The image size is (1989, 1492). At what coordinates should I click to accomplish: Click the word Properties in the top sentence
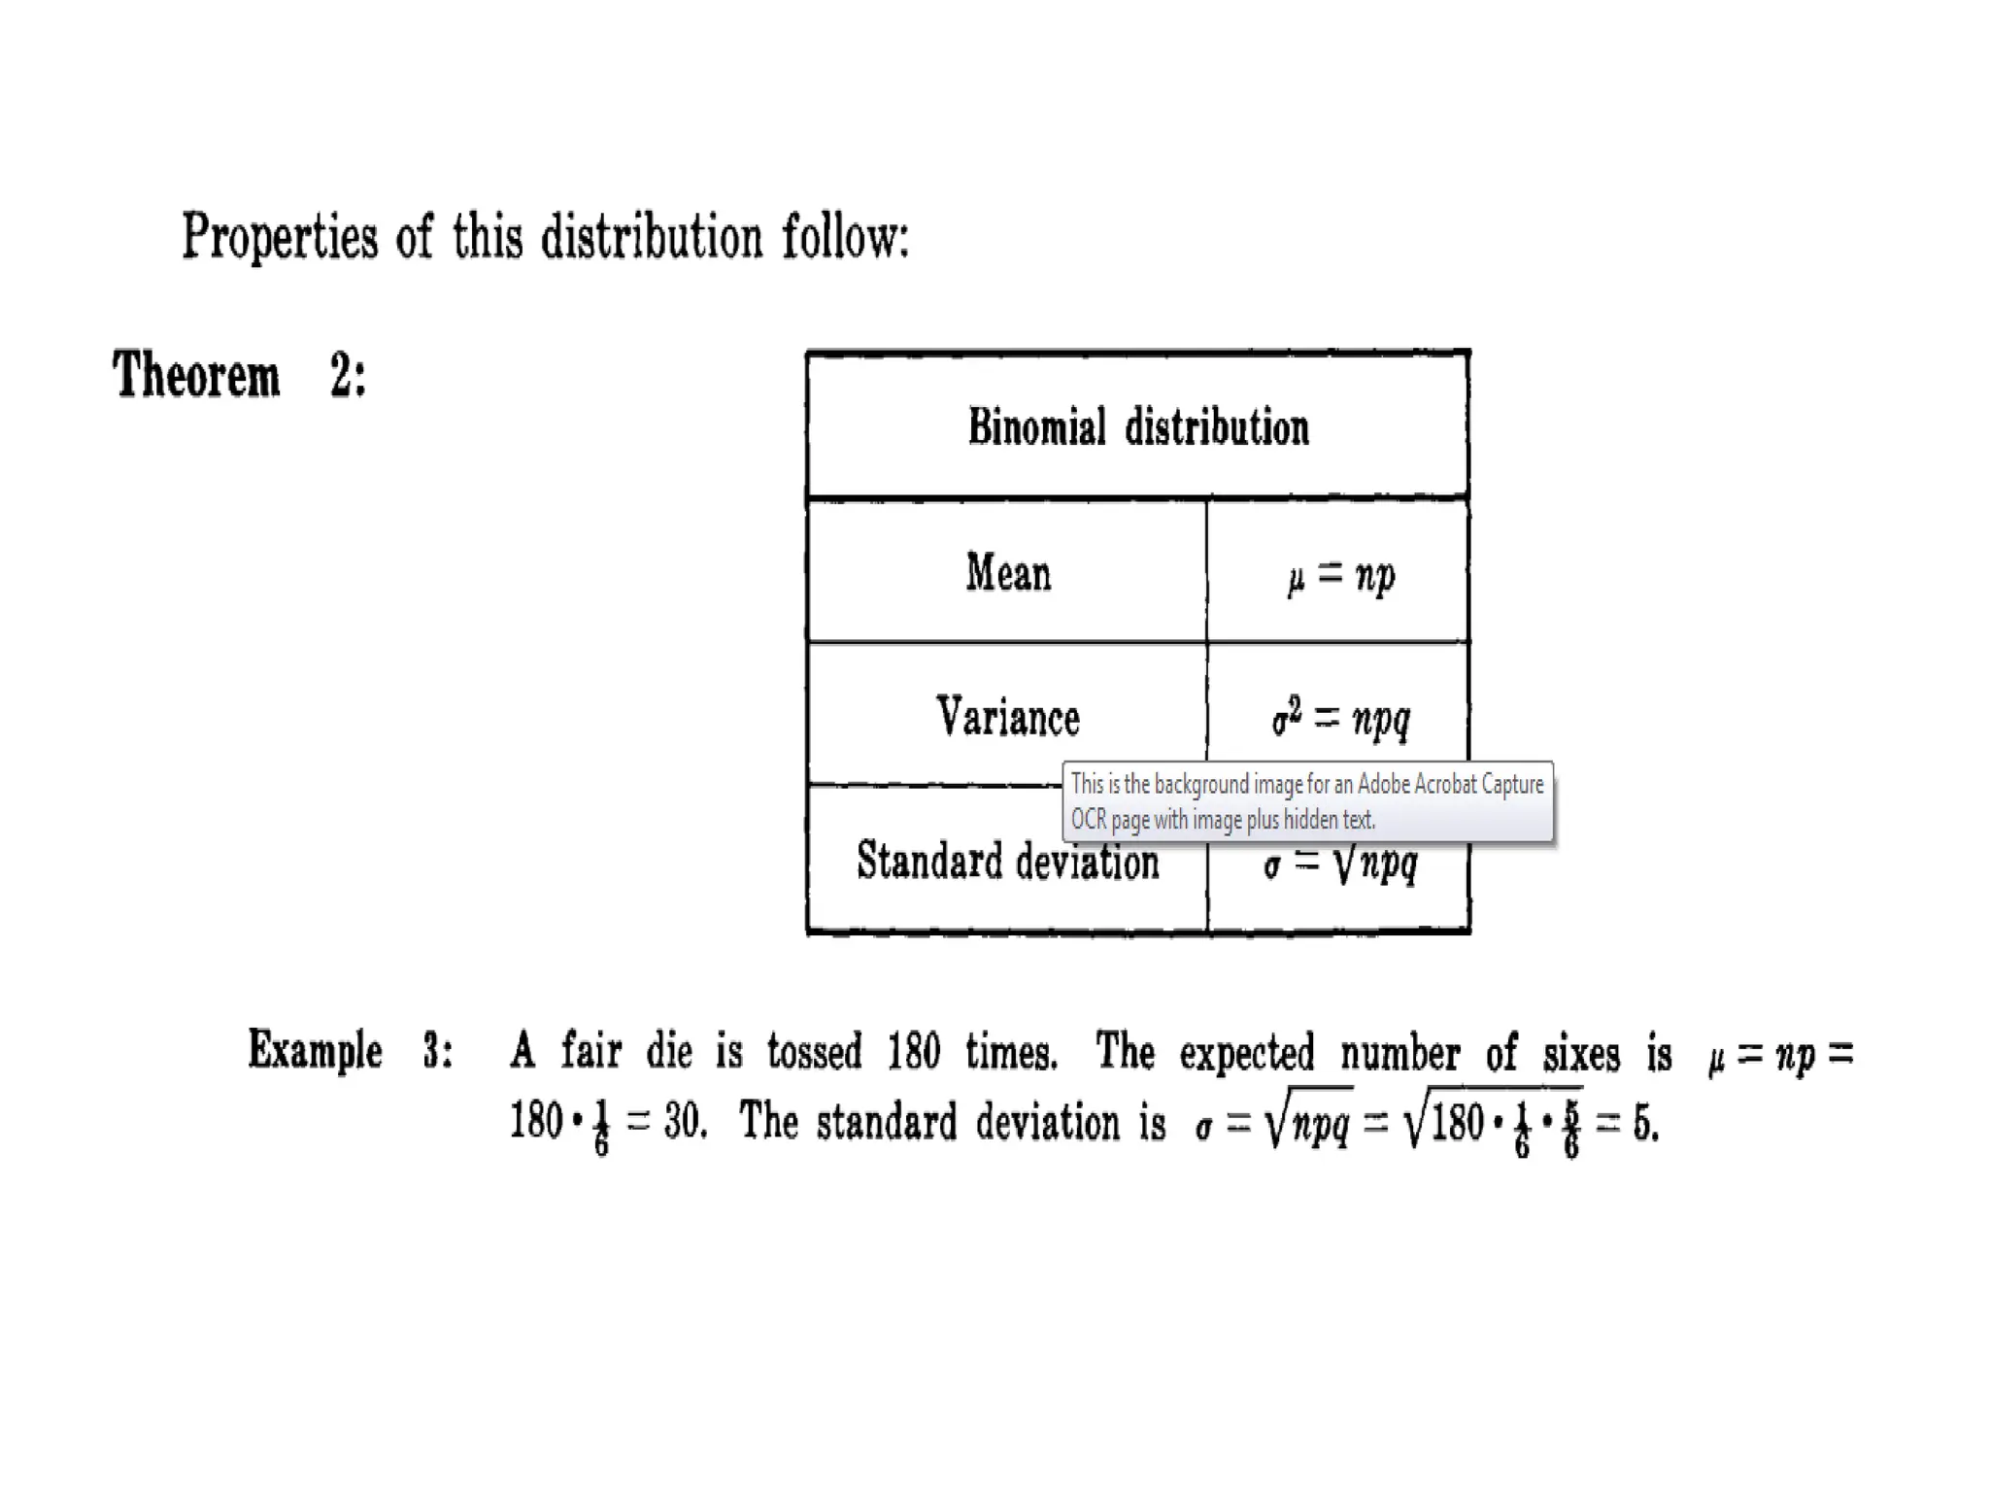click(279, 236)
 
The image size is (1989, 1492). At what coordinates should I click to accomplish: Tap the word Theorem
click(196, 375)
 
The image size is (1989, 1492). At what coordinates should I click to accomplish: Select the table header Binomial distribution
click(1137, 427)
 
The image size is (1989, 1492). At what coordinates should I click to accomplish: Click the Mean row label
click(1007, 572)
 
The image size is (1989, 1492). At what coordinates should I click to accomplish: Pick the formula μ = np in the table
click(1340, 576)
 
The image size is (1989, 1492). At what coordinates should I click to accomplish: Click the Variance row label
click(1007, 717)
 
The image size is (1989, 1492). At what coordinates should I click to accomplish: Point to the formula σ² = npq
click(1340, 719)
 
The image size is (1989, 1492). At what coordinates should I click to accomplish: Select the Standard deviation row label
click(1007, 862)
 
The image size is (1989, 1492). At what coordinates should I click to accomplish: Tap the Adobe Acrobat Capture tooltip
click(1307, 801)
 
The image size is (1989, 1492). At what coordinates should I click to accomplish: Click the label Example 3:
click(350, 1051)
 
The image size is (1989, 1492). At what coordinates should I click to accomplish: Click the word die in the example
click(669, 1051)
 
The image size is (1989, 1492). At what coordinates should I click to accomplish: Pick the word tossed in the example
click(814, 1051)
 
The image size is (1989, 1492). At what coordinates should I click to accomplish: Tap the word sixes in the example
click(1581, 1053)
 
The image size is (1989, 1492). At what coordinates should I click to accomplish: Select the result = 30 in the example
click(666, 1123)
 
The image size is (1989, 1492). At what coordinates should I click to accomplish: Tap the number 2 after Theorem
click(341, 375)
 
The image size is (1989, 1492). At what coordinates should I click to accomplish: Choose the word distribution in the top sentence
click(651, 236)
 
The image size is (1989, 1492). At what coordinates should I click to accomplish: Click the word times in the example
click(1010, 1051)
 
